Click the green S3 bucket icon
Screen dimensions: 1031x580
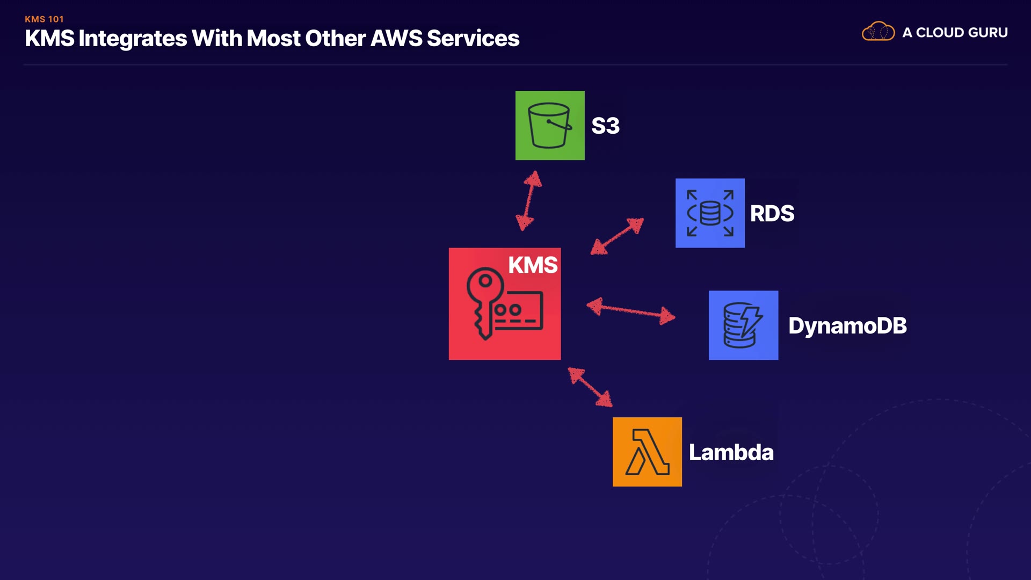point(550,125)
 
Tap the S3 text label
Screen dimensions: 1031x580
point(605,126)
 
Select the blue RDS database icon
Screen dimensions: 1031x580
point(710,213)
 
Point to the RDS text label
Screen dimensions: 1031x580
point(772,213)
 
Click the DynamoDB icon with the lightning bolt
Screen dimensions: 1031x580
point(743,325)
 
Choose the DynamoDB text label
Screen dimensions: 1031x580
point(847,326)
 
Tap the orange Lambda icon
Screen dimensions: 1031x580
point(647,452)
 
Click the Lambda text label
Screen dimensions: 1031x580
point(731,452)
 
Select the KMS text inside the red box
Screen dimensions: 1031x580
point(533,265)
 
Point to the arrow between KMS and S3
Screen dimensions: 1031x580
point(529,201)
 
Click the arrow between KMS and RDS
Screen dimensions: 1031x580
point(617,236)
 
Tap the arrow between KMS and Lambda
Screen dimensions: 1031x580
point(590,387)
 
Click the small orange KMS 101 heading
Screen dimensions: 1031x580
point(44,19)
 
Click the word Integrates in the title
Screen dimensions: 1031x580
point(133,38)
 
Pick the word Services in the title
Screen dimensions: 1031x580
point(473,38)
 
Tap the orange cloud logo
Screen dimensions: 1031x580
point(878,32)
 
